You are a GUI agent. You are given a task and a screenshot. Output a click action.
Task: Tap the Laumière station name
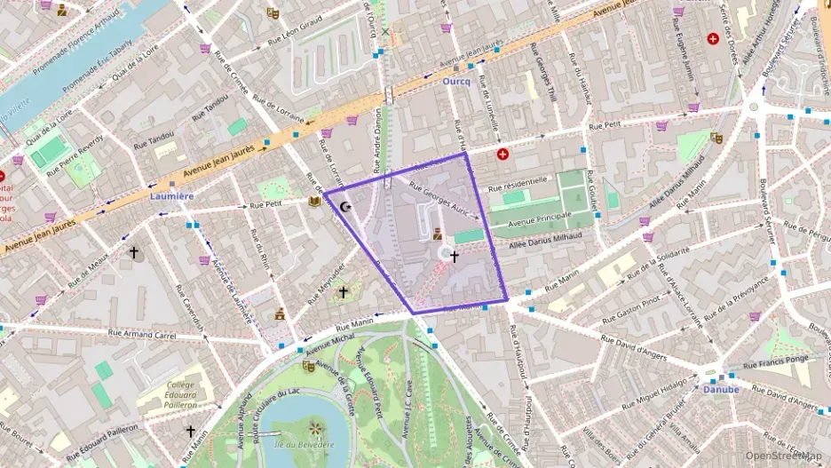pos(172,195)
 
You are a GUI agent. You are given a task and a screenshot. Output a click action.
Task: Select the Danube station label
pos(721,389)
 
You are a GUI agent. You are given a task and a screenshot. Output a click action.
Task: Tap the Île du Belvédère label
pos(304,444)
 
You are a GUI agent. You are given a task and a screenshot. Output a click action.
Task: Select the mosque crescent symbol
pos(344,207)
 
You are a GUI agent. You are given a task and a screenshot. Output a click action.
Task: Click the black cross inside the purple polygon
pos(454,257)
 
